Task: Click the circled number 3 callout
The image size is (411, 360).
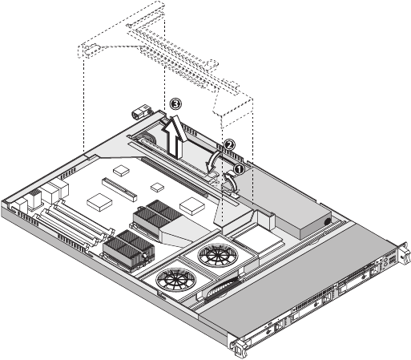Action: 175,103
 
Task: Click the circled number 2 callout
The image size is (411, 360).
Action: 229,144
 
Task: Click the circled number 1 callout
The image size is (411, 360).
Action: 239,169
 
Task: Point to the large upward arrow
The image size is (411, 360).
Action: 175,138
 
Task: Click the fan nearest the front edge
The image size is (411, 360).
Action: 175,279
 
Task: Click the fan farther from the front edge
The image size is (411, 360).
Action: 218,255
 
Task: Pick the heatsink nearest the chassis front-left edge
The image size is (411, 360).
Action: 129,249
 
